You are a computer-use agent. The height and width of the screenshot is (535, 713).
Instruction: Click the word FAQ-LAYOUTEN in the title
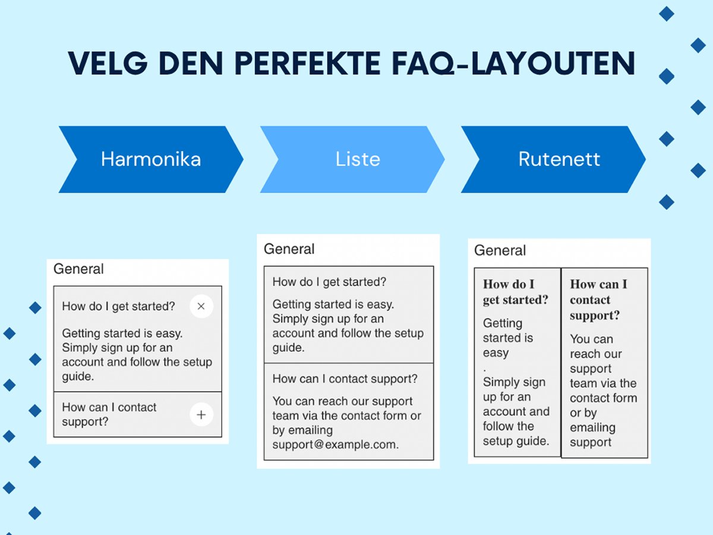513,64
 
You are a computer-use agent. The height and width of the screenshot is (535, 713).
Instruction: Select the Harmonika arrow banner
151,159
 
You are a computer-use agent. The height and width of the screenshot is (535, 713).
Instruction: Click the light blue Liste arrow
352,159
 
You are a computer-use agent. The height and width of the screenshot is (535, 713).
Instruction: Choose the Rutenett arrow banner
554,159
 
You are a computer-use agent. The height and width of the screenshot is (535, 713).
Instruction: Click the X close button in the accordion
201,306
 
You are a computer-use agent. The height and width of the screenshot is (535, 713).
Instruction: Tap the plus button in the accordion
201,414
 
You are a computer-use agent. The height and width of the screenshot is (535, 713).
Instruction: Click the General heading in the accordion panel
78,269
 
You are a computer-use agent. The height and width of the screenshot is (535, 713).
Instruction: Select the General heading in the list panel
289,249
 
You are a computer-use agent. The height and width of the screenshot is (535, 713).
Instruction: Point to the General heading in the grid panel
500,250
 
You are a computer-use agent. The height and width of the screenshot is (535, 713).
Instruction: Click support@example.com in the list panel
335,445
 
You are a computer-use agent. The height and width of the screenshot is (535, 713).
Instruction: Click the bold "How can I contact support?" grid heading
598,300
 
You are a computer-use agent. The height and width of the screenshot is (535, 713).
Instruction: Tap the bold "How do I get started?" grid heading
516,292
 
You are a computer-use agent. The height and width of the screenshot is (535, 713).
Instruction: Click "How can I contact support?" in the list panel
345,379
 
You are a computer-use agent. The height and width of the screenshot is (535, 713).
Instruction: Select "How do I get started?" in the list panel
329,282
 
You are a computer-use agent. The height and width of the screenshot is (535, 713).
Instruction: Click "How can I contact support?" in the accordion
109,414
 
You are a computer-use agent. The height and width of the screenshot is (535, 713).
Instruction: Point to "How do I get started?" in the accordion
119,306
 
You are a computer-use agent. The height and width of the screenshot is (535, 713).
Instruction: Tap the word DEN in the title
191,64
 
